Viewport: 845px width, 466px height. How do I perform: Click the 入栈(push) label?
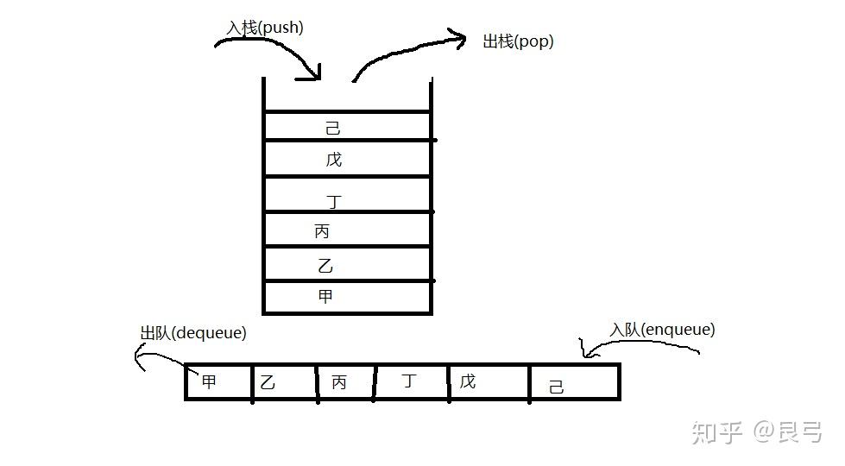click(x=265, y=28)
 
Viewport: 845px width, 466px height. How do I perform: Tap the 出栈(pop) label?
click(x=518, y=41)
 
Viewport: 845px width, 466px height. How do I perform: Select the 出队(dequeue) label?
click(x=193, y=332)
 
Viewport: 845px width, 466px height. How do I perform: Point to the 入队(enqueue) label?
click(x=662, y=330)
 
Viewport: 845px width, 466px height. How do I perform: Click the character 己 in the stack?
click(x=333, y=128)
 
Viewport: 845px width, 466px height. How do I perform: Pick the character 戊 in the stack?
click(x=334, y=160)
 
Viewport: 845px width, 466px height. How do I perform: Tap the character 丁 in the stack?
click(x=334, y=202)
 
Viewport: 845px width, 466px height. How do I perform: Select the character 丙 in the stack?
click(x=322, y=231)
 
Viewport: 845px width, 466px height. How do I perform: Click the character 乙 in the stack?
click(x=325, y=266)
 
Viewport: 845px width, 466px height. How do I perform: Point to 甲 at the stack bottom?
click(x=325, y=297)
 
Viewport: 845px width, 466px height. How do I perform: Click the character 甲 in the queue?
click(x=209, y=381)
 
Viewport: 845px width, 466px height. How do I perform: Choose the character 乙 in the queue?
click(x=268, y=382)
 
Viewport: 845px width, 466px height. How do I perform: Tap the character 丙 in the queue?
click(x=339, y=382)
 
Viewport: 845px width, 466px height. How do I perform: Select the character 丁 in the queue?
click(x=409, y=381)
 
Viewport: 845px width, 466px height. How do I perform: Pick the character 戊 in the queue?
click(x=467, y=381)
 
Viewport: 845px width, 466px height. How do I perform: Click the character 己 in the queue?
click(x=557, y=387)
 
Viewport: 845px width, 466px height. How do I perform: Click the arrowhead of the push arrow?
click(x=314, y=76)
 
